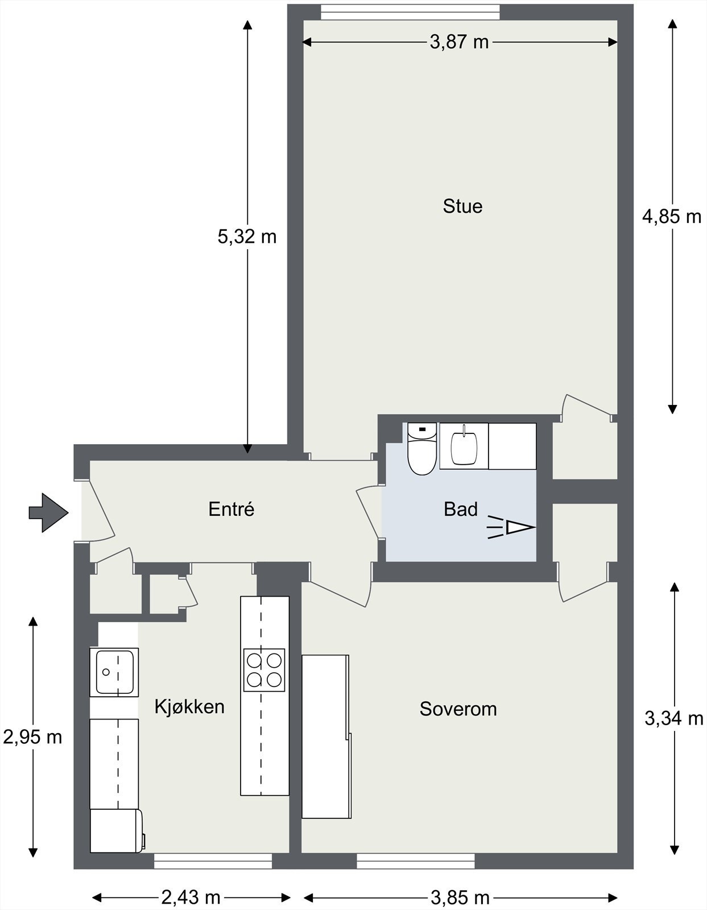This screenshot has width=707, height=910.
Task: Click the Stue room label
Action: click(462, 206)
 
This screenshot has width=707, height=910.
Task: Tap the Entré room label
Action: click(231, 509)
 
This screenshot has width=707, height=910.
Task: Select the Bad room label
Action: click(461, 509)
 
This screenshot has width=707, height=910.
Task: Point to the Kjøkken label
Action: click(189, 706)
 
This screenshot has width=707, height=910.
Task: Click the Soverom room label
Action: click(458, 709)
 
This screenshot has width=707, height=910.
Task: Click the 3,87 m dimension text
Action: click(459, 42)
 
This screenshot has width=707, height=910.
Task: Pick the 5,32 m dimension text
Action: click(247, 237)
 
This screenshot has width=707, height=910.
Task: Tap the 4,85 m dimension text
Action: click(671, 217)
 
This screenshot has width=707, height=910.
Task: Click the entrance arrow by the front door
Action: click(48, 512)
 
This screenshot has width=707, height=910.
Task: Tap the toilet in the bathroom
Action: click(422, 449)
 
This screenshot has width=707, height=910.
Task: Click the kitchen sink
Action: click(114, 672)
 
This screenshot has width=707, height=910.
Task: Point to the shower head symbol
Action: click(511, 527)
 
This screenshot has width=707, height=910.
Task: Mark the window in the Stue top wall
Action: click(410, 12)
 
